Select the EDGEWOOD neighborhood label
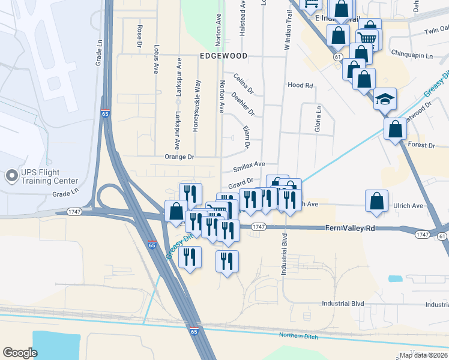(x=223, y=56)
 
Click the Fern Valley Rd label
(x=350, y=228)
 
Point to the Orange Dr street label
(x=179, y=157)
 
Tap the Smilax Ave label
(x=249, y=164)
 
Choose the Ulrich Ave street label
(x=408, y=205)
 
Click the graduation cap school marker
(x=384, y=98)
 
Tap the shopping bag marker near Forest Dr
(x=395, y=129)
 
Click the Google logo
(x=20, y=352)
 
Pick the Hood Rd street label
(x=301, y=85)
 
